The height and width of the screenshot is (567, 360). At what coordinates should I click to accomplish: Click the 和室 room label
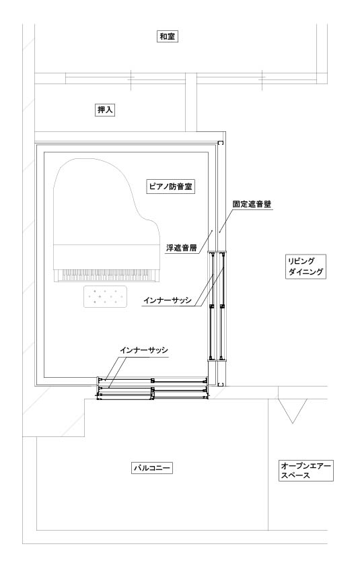(x=168, y=36)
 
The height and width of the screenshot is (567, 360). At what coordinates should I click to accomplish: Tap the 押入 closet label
(x=105, y=110)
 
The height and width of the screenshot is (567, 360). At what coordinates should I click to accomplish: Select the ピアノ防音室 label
(x=171, y=187)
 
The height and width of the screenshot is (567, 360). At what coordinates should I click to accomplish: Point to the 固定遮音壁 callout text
(x=252, y=204)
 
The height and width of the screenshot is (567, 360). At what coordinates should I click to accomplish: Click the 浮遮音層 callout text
(x=181, y=248)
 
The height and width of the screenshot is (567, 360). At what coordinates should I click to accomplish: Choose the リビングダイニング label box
(x=305, y=267)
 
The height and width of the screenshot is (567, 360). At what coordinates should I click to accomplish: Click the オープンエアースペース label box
(x=305, y=471)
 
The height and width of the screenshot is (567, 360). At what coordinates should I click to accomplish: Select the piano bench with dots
(x=106, y=296)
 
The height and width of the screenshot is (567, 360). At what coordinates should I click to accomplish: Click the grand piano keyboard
(x=106, y=275)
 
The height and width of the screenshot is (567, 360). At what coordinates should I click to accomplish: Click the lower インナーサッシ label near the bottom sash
(x=144, y=350)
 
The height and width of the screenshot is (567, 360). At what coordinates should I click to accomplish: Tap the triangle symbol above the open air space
(x=292, y=411)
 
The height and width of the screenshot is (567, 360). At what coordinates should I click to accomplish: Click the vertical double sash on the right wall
(x=217, y=306)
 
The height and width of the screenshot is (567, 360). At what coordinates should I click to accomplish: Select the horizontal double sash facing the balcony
(x=152, y=389)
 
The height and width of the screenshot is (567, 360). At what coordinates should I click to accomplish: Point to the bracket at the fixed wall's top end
(x=221, y=143)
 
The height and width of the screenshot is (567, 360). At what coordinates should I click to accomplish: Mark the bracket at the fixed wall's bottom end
(x=221, y=384)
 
